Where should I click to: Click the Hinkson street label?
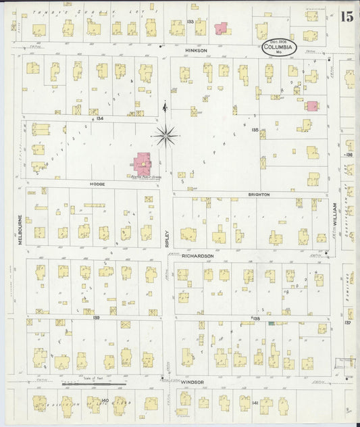point(195,50)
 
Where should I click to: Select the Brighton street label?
point(259,194)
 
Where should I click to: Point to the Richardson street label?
point(198,256)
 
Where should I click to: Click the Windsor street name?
point(192,382)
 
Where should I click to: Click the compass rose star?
point(165,135)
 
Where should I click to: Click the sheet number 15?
point(346,17)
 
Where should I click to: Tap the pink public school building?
point(143,162)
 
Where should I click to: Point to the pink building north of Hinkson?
point(221,28)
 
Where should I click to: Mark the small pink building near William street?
point(311,106)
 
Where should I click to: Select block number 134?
point(100,118)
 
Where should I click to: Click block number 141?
point(255,403)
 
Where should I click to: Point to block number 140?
point(104,401)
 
